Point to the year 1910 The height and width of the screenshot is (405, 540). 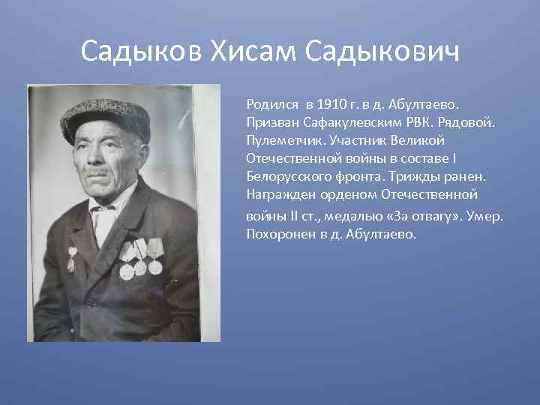tap(332, 102)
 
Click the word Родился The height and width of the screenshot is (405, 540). tap(269, 102)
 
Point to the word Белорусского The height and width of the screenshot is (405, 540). tap(283, 177)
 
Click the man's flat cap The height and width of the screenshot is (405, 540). tap(104, 118)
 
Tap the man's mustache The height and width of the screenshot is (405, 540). tap(97, 173)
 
